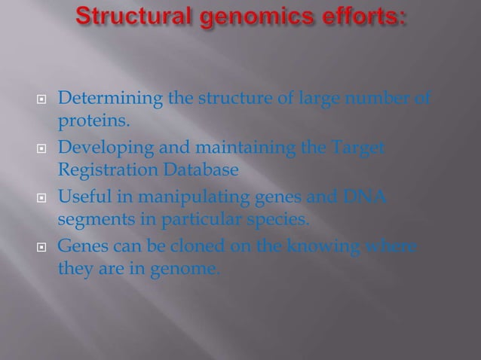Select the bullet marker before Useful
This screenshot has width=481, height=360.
pos(43,198)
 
